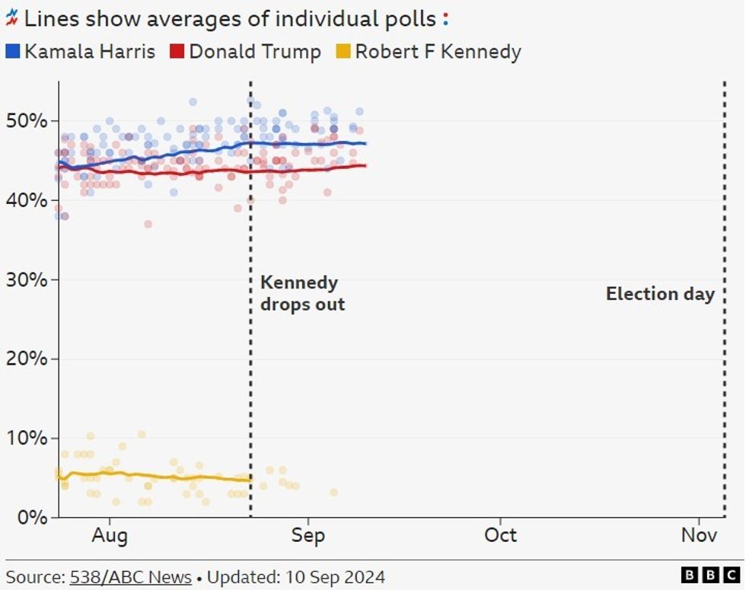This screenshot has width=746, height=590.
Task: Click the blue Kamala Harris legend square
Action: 13,52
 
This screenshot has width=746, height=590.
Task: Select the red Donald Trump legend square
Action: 177,52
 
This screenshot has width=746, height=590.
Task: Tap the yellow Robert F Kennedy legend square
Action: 343,52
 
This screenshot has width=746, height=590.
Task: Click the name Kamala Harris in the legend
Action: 89,52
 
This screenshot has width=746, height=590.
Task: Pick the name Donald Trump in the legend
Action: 255,52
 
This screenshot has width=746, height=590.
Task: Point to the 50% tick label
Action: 28,121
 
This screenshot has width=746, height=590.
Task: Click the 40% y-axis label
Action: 28,200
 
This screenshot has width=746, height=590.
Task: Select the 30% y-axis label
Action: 28,279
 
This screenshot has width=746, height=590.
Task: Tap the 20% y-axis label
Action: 28,359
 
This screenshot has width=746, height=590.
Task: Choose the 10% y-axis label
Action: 28,439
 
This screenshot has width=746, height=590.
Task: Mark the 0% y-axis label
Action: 33,518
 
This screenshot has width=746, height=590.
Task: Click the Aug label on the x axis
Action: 110,535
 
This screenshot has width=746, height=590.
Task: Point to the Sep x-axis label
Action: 308,535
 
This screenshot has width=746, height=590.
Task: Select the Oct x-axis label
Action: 501,535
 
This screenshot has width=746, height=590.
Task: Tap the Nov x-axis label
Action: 699,535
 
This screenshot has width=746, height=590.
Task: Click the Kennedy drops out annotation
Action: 302,294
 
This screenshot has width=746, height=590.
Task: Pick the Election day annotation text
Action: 660,294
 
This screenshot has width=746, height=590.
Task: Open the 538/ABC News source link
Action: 130,576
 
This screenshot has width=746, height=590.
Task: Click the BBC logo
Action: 710,576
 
